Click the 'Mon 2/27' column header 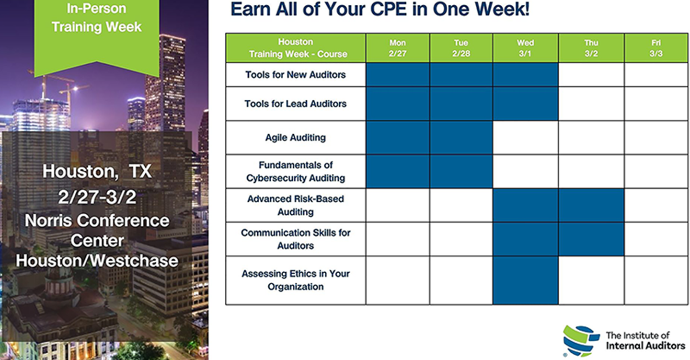[398, 48]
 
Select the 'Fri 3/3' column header [656, 48]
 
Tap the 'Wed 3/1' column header [526, 48]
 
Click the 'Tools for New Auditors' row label [295, 75]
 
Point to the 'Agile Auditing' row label [295, 138]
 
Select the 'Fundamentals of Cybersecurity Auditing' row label [295, 171]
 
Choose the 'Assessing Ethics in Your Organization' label [295, 280]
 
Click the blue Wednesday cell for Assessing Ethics [526, 280]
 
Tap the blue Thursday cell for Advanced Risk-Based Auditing [591, 205]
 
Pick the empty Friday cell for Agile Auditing [656, 138]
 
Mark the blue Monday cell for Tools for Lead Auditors [398, 104]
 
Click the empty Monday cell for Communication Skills [398, 239]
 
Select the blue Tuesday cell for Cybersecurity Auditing [461, 171]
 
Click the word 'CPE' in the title [389, 9]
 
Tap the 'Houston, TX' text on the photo [97, 171]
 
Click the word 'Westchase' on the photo [134, 261]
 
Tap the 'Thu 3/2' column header [591, 48]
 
